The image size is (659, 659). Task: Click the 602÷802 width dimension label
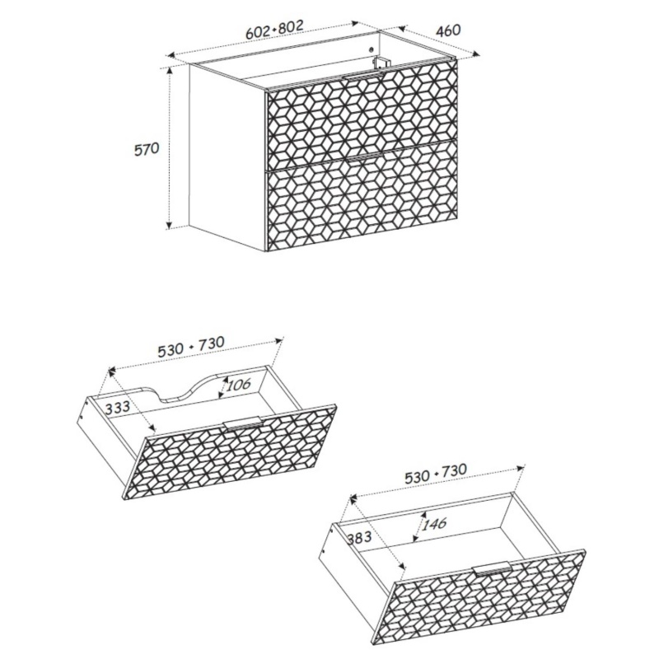tap(274, 30)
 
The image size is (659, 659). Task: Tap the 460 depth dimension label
tap(448, 30)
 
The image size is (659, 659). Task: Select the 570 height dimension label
tap(147, 149)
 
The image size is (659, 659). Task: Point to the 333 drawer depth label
tap(117, 407)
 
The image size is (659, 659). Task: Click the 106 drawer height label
tap(238, 384)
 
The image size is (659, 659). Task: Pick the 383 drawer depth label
tap(359, 537)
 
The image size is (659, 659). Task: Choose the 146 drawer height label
tap(434, 524)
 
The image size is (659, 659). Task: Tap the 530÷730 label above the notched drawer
tap(191, 346)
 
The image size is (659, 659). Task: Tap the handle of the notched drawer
tap(243, 423)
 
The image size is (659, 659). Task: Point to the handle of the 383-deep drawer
tap(492, 568)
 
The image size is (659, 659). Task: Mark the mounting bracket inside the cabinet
tap(381, 63)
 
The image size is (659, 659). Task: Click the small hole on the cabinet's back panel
tap(371, 49)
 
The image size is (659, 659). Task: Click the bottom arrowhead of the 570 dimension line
tap(170, 225)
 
